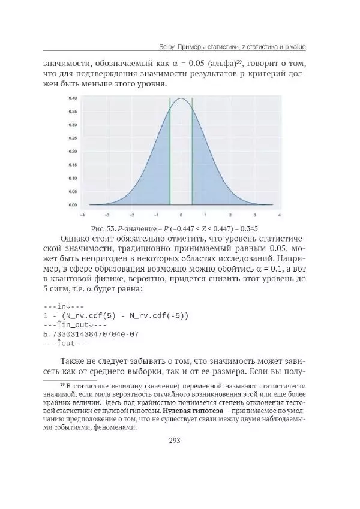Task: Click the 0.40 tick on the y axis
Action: click(72, 98)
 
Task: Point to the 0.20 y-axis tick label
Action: click(72, 152)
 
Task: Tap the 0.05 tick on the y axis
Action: click(72, 192)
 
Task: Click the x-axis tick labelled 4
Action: click(280, 214)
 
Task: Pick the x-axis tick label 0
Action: click(181, 214)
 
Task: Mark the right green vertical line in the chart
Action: click(192, 156)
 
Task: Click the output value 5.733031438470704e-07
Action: click(91, 333)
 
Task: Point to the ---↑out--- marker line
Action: click(65, 344)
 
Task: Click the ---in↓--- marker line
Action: click(62, 305)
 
